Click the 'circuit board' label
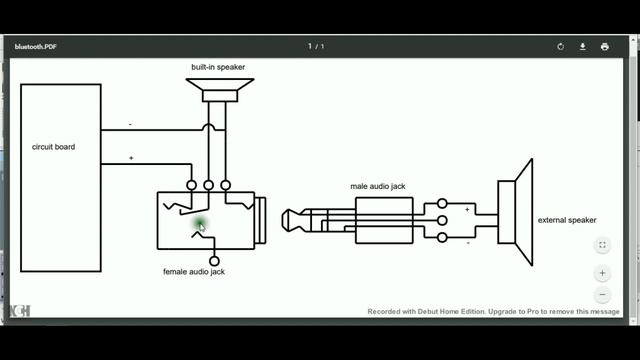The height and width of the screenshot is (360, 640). click(53, 147)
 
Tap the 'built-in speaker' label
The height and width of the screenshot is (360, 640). click(218, 67)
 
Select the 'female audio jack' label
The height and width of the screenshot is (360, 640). click(194, 271)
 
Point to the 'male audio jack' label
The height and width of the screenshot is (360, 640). click(378, 186)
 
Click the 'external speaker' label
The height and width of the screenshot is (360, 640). click(567, 220)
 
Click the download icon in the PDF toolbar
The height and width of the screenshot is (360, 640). click(583, 46)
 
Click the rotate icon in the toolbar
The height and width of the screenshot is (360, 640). click(561, 46)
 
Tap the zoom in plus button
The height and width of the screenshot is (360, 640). click(602, 272)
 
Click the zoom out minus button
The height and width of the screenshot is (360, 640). click(602, 295)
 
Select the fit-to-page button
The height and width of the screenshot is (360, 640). click(602, 245)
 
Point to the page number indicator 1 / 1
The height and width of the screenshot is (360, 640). click(317, 46)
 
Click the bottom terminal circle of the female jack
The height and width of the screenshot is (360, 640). click(214, 260)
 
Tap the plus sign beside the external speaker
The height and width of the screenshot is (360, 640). click(466, 210)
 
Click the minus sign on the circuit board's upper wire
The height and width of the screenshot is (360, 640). click(130, 124)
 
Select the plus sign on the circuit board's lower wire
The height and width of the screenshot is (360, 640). click(130, 158)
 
